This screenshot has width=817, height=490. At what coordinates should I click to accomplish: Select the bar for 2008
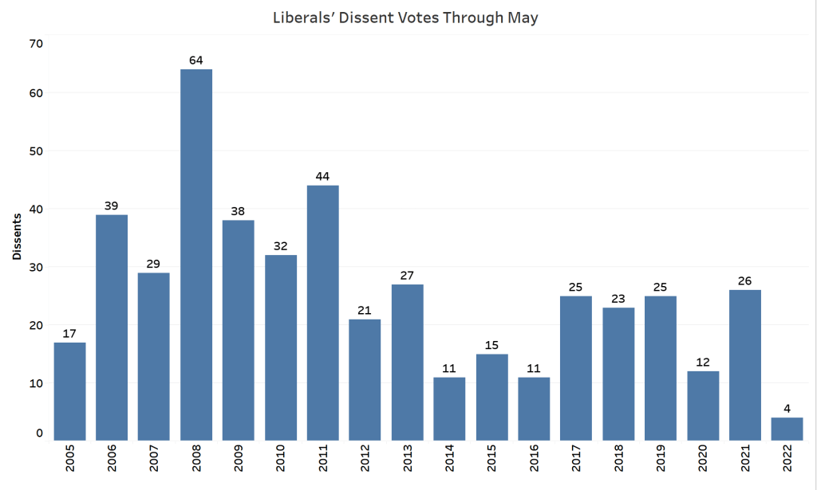click(196, 255)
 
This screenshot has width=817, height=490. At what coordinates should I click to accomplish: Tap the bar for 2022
click(787, 429)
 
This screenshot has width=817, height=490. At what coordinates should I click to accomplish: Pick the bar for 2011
click(322, 312)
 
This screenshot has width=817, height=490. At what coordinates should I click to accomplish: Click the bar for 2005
click(69, 390)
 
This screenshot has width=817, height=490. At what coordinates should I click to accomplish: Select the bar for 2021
click(744, 364)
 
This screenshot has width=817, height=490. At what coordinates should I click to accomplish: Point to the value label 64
click(196, 59)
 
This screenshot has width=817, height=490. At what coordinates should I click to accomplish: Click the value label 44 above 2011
click(322, 175)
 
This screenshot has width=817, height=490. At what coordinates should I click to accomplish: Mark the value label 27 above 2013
click(407, 274)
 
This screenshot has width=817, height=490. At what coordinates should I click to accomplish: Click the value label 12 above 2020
click(702, 361)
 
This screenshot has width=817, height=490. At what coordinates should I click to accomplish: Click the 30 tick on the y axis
click(36, 267)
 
